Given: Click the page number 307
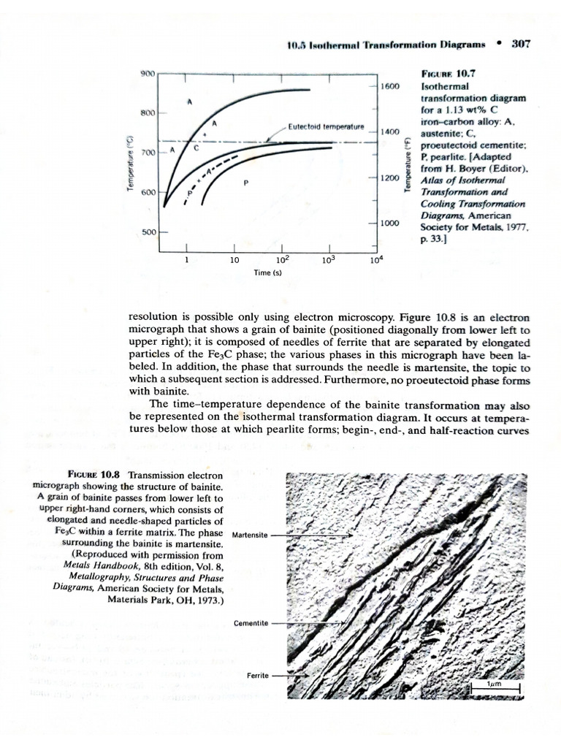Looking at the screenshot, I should pyautogui.click(x=521, y=43).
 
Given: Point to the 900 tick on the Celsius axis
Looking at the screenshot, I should pyautogui.click(x=148, y=74).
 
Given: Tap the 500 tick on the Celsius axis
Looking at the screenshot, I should pyautogui.click(x=148, y=232).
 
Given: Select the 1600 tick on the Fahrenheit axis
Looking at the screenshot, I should pyautogui.click(x=390, y=87).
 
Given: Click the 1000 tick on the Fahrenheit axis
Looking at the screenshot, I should pyautogui.click(x=390, y=222).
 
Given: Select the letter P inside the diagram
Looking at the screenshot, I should pyautogui.click(x=246, y=183).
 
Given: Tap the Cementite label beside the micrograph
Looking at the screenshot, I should pyautogui.click(x=251, y=623).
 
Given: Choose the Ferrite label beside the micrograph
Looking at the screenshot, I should pyautogui.click(x=259, y=674).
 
